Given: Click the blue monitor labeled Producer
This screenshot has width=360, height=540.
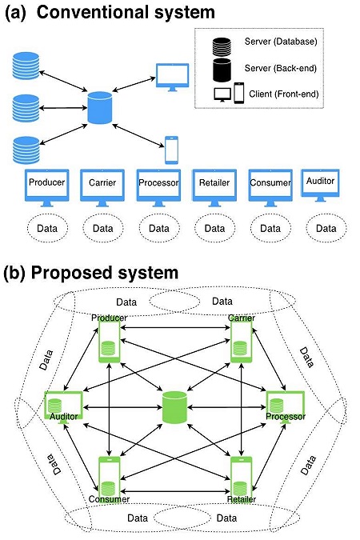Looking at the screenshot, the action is pos(47,187).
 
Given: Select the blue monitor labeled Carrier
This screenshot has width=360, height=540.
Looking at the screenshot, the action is pos(102,187).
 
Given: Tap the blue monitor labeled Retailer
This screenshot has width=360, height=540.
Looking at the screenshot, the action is pos(214,187).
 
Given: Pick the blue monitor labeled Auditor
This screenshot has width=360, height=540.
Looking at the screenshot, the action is pos(320,185).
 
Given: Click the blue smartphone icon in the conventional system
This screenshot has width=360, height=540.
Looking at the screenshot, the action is pos(171,150).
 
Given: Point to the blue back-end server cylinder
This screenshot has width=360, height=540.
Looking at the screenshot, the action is pos(100,107).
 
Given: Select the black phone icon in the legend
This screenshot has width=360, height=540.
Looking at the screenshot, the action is pos(238,93).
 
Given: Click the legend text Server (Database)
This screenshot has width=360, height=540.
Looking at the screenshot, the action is pos(281,42).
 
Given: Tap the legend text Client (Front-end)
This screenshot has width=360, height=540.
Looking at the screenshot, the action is pos(283,94).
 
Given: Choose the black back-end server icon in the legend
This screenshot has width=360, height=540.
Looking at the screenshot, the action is pos(222,70).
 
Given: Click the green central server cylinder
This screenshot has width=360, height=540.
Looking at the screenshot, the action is pos(174,407).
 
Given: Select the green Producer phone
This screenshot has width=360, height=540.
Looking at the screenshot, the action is pos(110,339).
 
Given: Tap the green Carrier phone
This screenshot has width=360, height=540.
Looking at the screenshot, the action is pos(241,339).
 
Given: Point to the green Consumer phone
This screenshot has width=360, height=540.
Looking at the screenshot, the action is pos(110,479).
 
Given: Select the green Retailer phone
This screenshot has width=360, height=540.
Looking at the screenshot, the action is pos(241,479).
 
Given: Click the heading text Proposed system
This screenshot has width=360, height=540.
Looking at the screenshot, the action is pos(105,273).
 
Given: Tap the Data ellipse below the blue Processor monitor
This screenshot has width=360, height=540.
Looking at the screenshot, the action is pos(159,228).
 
